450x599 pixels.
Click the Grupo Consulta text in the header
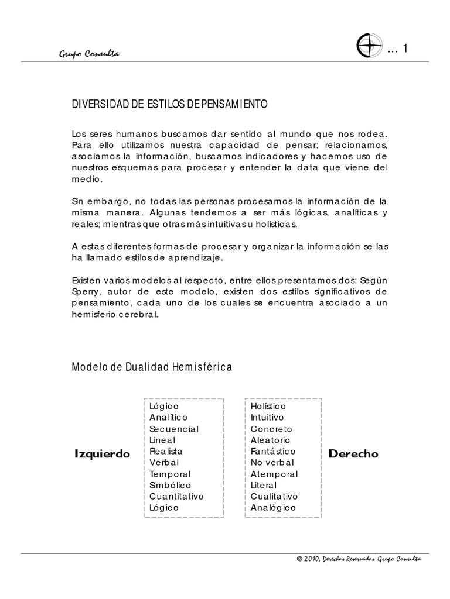click(x=89, y=54)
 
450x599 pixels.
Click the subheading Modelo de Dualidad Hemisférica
click(x=152, y=367)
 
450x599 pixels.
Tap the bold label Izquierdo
click(x=103, y=454)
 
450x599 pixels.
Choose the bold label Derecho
click(x=353, y=453)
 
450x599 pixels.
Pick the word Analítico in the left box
click(x=168, y=417)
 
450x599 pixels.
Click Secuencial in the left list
click(x=174, y=429)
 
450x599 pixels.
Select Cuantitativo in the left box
click(x=176, y=496)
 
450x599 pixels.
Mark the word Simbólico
click(x=170, y=485)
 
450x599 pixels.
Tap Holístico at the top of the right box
click(x=268, y=406)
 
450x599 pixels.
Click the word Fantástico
click(x=273, y=451)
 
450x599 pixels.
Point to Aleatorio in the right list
click(x=270, y=440)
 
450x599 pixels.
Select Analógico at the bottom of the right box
click(x=273, y=507)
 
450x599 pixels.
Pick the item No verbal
click(x=271, y=462)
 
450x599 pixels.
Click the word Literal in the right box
click(x=264, y=485)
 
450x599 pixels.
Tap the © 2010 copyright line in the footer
click(x=359, y=559)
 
